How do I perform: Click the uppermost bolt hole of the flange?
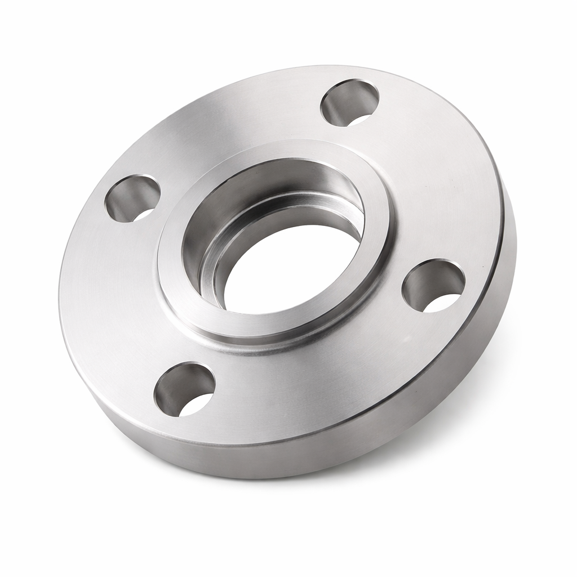pyautogui.click(x=349, y=103)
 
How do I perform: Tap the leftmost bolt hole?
pyautogui.click(x=133, y=198)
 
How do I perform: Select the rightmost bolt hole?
pyautogui.click(x=433, y=285)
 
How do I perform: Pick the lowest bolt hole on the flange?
pyautogui.click(x=185, y=389)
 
